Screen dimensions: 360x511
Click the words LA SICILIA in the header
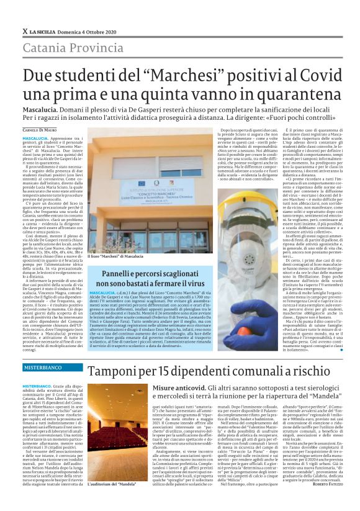(x=45, y=30)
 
